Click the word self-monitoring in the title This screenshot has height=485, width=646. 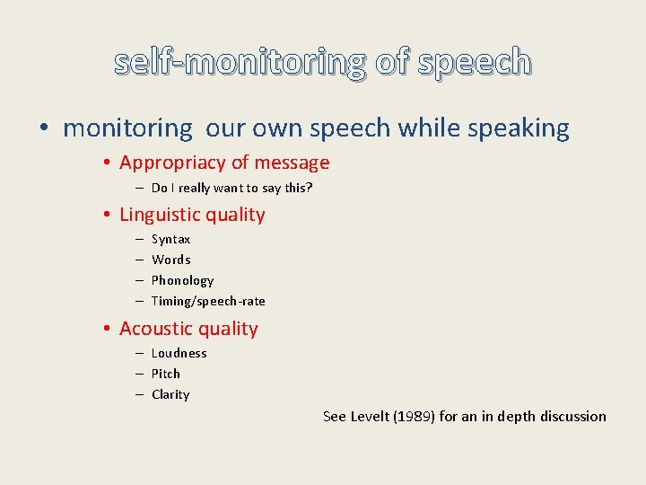(x=240, y=62)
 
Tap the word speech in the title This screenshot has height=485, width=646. (x=476, y=62)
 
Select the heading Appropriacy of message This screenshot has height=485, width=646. (x=224, y=163)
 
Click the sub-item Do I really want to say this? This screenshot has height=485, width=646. (x=231, y=188)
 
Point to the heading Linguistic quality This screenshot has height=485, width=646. (x=192, y=215)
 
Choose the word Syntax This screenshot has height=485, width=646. (x=170, y=239)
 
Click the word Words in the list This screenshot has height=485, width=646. (x=170, y=260)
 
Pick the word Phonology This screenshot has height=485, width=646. (x=182, y=280)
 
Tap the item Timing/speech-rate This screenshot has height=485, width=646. (x=208, y=301)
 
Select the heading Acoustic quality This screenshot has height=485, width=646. (x=188, y=329)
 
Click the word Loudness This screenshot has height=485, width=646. (x=179, y=353)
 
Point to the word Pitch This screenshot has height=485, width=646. (x=165, y=374)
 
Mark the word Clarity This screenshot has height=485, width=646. (x=170, y=394)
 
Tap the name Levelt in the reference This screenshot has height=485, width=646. (x=370, y=416)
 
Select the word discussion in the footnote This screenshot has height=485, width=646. (x=572, y=416)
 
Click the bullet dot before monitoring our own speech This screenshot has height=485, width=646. (x=45, y=129)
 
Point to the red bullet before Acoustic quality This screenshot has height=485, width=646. (x=106, y=330)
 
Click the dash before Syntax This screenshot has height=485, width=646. (x=140, y=240)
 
